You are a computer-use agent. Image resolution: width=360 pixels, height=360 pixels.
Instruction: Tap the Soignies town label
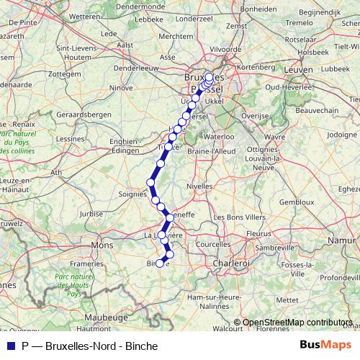132,193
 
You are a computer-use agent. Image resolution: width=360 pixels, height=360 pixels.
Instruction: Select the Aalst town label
125,44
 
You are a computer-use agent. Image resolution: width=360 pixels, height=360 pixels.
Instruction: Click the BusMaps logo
325,346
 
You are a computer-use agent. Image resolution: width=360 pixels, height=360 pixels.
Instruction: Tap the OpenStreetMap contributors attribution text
297,323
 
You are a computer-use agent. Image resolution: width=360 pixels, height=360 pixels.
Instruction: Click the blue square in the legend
9,346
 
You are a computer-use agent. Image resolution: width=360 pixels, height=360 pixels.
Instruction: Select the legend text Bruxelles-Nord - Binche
101,346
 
